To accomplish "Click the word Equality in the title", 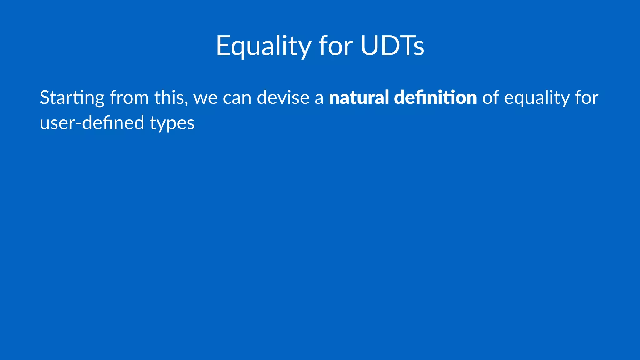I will (263, 46).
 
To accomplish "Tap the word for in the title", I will (336, 46).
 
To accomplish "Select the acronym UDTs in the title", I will (392, 46).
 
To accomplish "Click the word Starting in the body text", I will (72, 98).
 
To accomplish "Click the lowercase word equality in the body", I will (537, 98).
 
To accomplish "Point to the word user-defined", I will (92, 122).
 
